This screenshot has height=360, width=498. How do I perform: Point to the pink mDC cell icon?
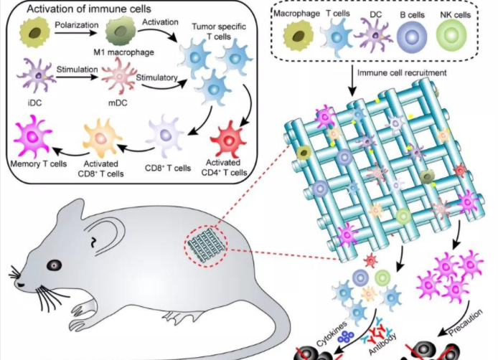tap(116, 76)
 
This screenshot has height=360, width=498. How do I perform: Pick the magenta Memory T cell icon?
tap(34, 136)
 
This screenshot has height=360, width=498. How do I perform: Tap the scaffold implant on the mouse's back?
tap(205, 242)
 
